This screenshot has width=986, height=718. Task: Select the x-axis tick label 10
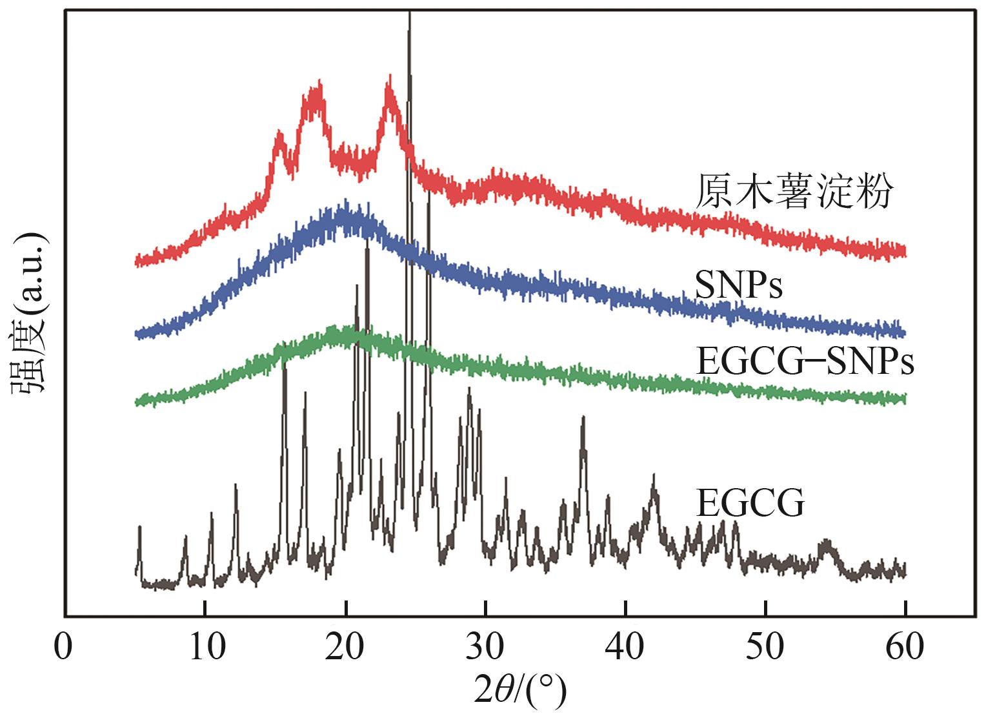[205, 647]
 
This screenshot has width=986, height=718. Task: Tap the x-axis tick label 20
[346, 647]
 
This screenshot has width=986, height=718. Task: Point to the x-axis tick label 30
[486, 647]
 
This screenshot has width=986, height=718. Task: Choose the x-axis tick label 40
[626, 647]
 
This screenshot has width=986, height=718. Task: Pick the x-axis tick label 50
[766, 647]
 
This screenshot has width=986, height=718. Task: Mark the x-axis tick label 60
[906, 647]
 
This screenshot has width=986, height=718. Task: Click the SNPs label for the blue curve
[739, 285]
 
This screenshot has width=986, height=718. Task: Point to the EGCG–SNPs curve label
[805, 362]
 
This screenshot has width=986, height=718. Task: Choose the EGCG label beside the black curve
[750, 503]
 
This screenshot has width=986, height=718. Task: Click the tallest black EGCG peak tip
[410, 14]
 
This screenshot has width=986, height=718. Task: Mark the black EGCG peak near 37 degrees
[583, 418]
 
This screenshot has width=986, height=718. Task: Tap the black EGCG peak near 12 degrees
[236, 486]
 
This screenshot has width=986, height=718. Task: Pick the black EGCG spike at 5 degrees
[139, 528]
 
